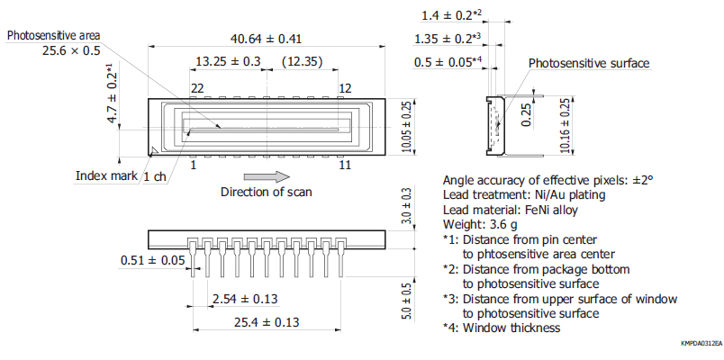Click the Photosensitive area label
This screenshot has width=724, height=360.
click(53, 35)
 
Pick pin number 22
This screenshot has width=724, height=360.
click(197, 87)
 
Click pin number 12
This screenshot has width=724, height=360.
click(345, 87)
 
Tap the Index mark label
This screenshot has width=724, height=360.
click(104, 175)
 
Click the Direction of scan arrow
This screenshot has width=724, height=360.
click(267, 175)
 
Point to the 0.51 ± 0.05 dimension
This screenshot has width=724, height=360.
click(152, 261)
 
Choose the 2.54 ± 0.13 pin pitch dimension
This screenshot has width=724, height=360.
click(245, 299)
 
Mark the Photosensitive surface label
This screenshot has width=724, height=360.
click(588, 63)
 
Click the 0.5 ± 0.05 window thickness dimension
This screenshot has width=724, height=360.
click(455, 61)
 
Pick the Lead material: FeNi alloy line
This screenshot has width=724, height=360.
click(511, 210)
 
